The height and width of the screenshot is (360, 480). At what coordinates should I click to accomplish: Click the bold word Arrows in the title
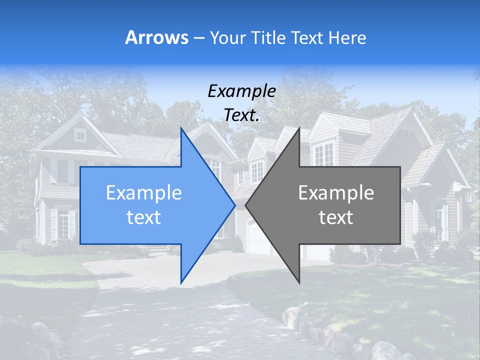(x=157, y=37)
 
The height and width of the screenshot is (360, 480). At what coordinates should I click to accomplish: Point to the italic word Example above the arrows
(x=241, y=91)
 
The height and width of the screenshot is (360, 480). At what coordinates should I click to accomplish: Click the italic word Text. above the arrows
(x=241, y=115)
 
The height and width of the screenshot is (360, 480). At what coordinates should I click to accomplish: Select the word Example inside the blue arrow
(x=144, y=192)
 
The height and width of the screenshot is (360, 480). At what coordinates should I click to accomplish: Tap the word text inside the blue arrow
(x=144, y=217)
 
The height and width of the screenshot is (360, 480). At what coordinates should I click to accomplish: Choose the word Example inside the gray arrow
(x=336, y=192)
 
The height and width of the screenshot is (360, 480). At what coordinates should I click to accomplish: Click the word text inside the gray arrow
(x=336, y=217)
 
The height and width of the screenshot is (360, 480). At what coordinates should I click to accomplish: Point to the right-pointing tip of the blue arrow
(x=235, y=204)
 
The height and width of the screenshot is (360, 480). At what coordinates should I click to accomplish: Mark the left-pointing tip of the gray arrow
(x=245, y=204)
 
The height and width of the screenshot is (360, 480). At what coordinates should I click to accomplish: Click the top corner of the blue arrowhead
(x=181, y=128)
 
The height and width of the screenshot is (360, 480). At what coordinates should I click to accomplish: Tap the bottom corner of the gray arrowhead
(x=299, y=283)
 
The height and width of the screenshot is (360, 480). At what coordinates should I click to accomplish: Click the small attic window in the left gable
(x=80, y=134)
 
